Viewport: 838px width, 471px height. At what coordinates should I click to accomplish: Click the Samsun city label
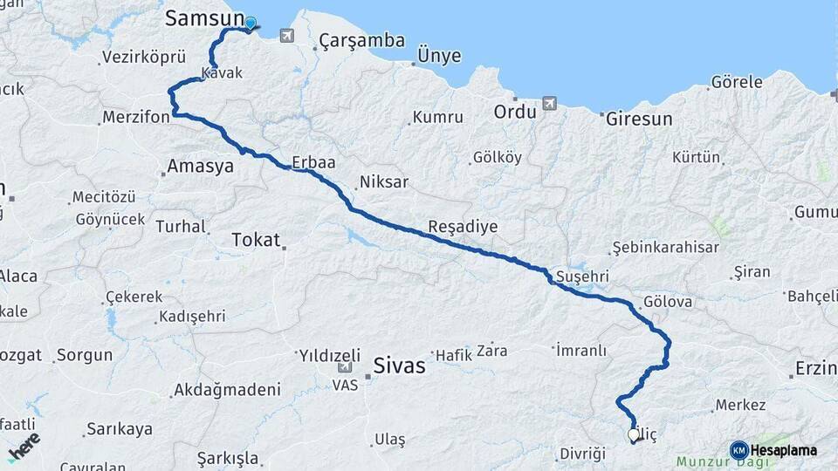click(x=204, y=18)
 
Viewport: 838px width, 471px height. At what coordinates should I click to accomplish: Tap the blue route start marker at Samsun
click(x=251, y=24)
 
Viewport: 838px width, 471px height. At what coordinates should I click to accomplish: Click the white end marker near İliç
click(x=633, y=433)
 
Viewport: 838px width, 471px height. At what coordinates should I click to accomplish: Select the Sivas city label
click(x=399, y=365)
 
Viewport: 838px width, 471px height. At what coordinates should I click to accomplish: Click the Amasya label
click(x=200, y=166)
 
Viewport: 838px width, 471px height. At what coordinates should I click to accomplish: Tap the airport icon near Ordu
click(x=549, y=104)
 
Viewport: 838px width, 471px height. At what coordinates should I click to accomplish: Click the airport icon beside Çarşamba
click(x=287, y=36)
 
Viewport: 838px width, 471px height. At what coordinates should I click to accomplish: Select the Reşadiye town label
click(x=463, y=227)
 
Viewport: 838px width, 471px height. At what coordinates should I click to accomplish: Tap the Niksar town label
click(x=383, y=183)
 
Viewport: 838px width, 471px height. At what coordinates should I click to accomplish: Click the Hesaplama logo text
click(x=784, y=450)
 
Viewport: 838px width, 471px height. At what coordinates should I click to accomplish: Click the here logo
click(x=24, y=446)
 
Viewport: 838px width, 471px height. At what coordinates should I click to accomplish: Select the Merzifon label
click(x=135, y=118)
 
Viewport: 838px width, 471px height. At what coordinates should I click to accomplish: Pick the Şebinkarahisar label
click(x=666, y=248)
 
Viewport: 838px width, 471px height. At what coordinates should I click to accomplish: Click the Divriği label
click(x=582, y=454)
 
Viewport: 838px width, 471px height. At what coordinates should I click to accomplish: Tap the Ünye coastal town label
click(x=439, y=56)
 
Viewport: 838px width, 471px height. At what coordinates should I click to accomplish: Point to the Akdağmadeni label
click(x=227, y=389)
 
